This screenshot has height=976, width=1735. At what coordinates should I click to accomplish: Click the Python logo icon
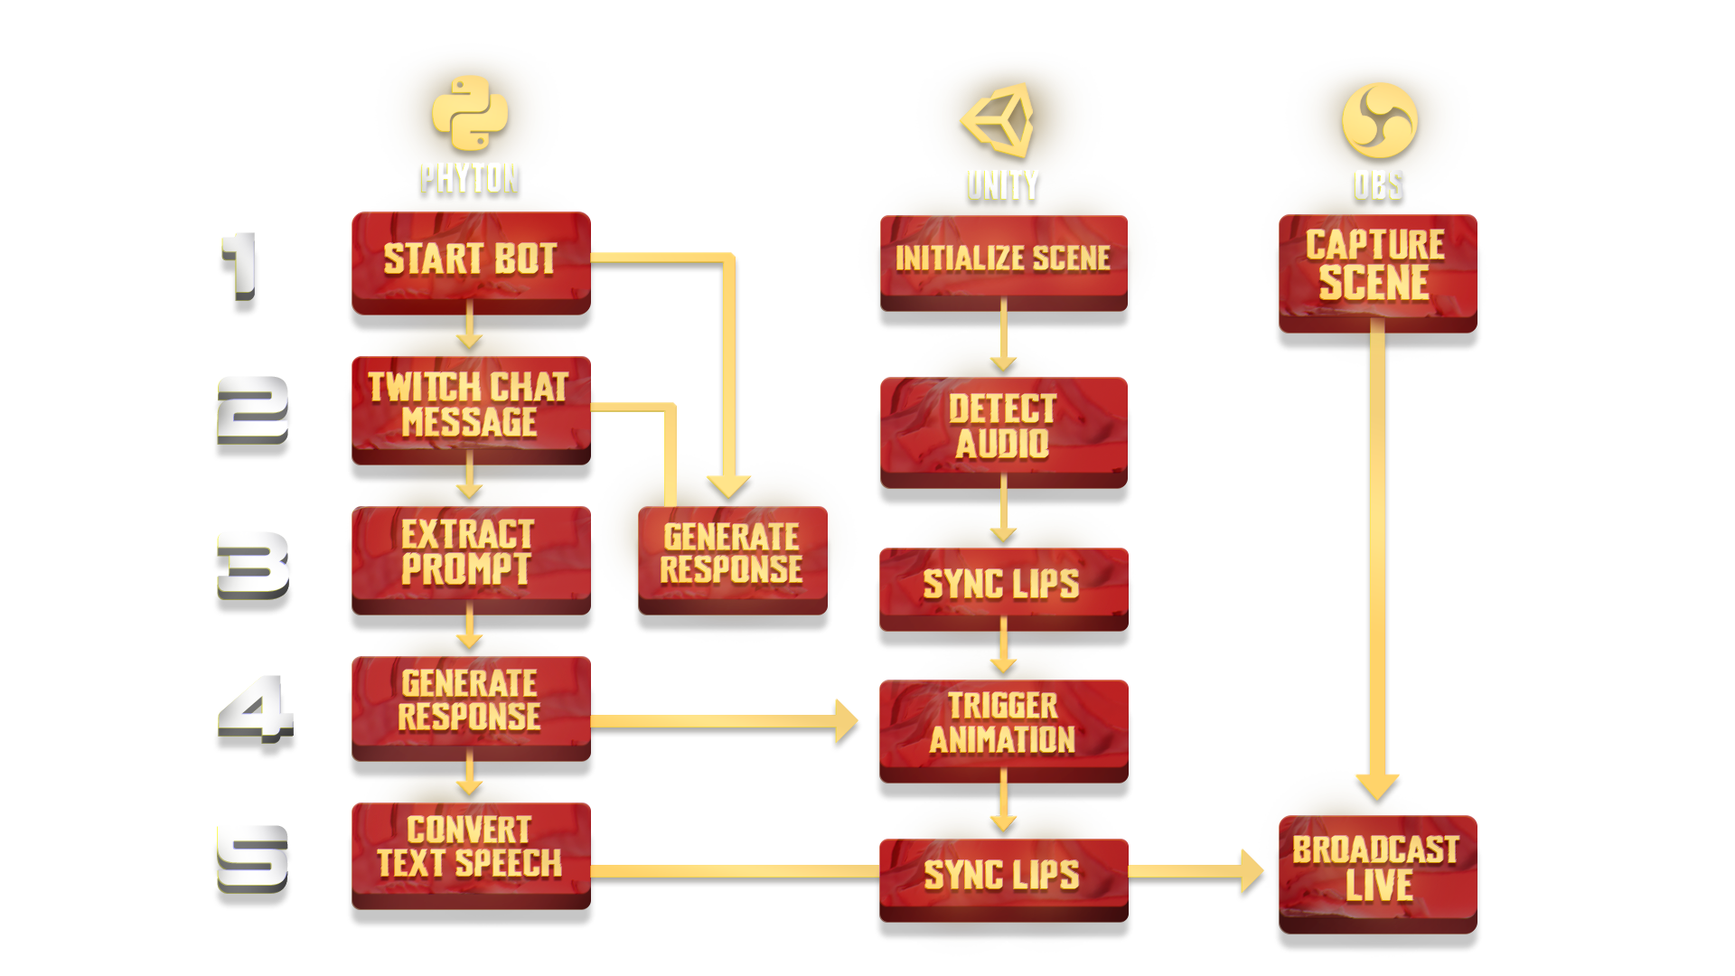point(469,113)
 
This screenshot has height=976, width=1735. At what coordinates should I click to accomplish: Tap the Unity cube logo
point(999,119)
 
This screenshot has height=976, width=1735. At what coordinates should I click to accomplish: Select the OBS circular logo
point(1379,121)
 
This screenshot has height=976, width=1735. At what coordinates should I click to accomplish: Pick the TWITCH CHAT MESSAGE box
point(470,405)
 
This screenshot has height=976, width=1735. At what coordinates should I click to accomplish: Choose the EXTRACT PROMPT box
point(470,553)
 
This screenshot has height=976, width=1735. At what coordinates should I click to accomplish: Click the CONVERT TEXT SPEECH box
point(470,848)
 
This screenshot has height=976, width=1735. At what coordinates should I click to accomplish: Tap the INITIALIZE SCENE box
point(1003,258)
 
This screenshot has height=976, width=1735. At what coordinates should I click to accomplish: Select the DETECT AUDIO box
point(1003,427)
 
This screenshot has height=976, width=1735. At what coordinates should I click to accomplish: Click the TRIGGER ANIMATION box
point(1003,723)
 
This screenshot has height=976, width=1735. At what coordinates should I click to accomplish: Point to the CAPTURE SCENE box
point(1376,265)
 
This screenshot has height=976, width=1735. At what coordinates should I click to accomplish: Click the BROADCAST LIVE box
point(1376,869)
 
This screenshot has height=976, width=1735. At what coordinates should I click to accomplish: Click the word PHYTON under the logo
point(470,178)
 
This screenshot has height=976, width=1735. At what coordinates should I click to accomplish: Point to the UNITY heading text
point(1003,185)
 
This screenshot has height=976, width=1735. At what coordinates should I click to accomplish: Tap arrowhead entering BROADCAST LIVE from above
point(1377,784)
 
